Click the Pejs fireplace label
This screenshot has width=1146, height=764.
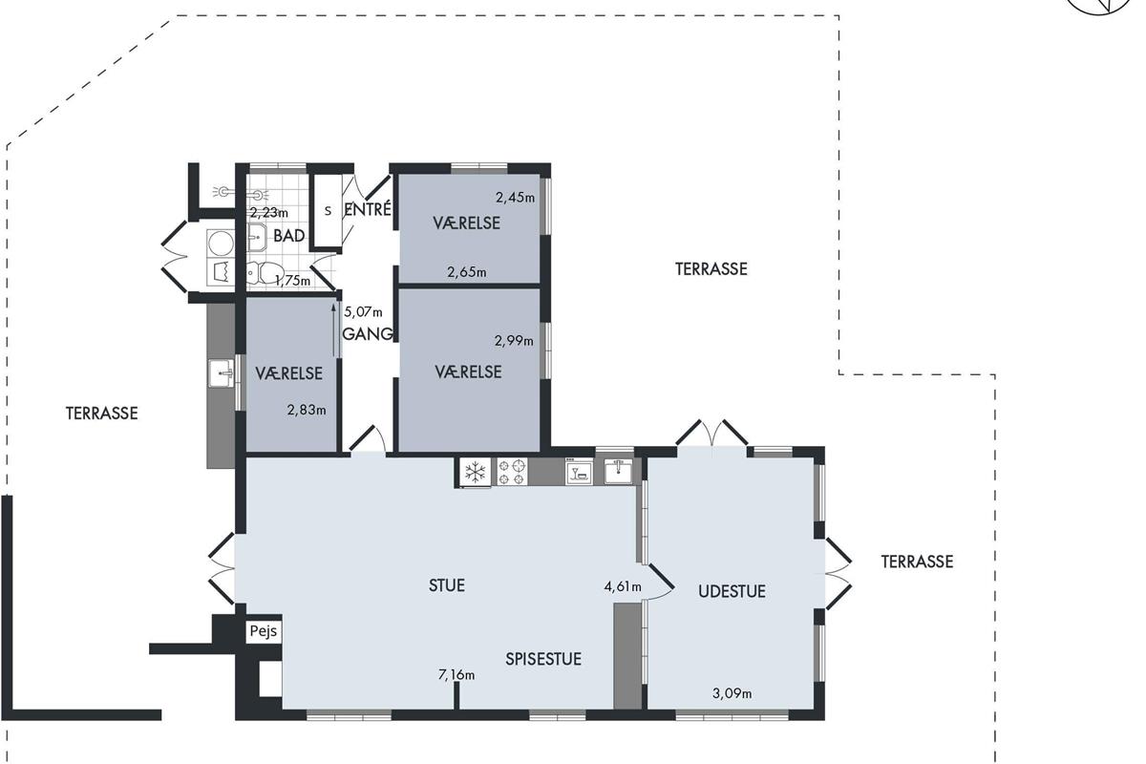click(x=264, y=631)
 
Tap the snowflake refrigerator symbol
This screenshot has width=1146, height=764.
click(x=476, y=472)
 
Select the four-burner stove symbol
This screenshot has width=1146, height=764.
click(x=512, y=472)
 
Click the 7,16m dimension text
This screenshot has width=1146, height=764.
click(x=456, y=675)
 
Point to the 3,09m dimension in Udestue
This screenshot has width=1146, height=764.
click(x=732, y=693)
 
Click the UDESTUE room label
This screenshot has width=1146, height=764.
click(x=732, y=591)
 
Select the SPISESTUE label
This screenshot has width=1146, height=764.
click(x=543, y=659)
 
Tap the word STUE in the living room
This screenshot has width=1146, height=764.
click(x=447, y=585)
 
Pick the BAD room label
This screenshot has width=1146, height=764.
click(x=289, y=236)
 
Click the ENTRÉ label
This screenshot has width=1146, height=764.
click(x=368, y=209)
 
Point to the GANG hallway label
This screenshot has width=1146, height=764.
click(x=368, y=334)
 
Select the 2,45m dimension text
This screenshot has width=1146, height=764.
click(x=515, y=197)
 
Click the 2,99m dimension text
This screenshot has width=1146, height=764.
click(x=514, y=340)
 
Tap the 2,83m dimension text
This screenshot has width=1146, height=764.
click(x=307, y=410)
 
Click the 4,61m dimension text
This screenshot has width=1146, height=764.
click(x=623, y=586)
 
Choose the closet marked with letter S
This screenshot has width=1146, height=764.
click(x=328, y=211)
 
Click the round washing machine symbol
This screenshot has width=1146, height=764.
click(x=221, y=244)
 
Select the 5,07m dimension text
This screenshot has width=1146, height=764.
click(x=363, y=311)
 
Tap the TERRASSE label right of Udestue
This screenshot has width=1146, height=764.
click(x=917, y=562)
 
